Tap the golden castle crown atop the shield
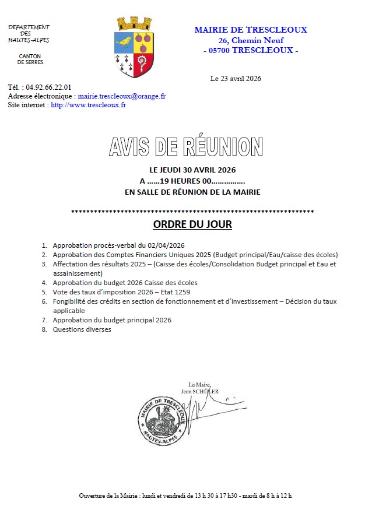click(x=134, y=23)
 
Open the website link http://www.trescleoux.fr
click(x=88, y=105)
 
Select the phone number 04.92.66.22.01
click(x=48, y=87)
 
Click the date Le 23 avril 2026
click(x=236, y=78)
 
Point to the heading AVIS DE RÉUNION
click(x=185, y=146)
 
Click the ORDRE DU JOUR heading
click(x=192, y=224)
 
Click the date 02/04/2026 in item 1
click(x=168, y=245)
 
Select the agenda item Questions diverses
click(x=82, y=329)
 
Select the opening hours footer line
click(x=185, y=496)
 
